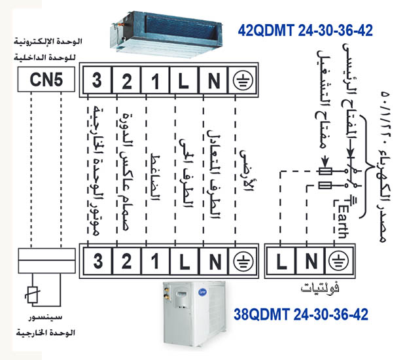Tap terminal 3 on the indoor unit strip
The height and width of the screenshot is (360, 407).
[x=97, y=81]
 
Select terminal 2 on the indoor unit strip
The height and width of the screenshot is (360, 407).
[x=127, y=81]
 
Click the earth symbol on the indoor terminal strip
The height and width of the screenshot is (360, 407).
[x=241, y=81]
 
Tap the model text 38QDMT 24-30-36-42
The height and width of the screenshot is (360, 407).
[x=300, y=315]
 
